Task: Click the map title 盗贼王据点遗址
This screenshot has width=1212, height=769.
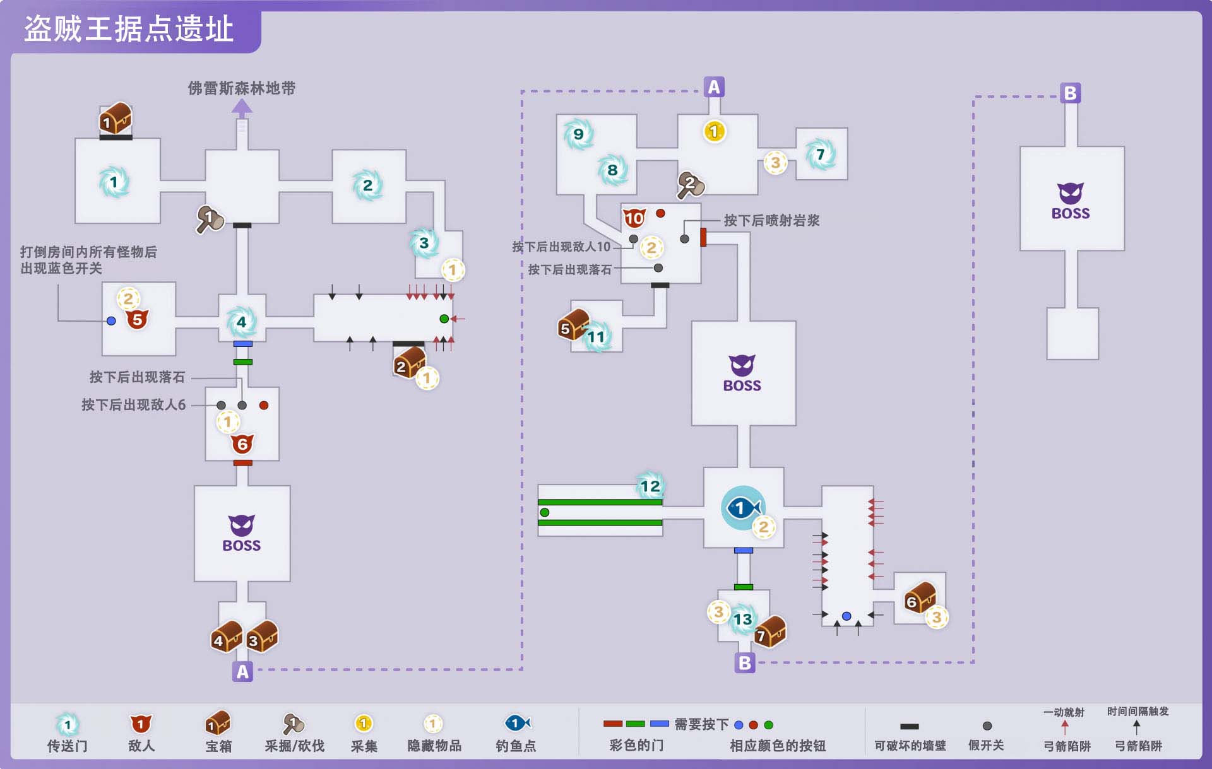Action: [129, 29]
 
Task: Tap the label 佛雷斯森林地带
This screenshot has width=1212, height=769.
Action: [242, 88]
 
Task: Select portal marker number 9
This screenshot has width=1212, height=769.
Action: [578, 134]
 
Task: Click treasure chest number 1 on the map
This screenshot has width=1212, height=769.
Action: [116, 119]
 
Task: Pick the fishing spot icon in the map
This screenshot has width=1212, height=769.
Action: [743, 508]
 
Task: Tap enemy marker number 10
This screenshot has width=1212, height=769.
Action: [634, 218]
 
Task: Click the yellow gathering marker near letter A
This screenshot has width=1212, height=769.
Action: [714, 131]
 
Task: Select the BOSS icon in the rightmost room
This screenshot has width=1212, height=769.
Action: [1071, 201]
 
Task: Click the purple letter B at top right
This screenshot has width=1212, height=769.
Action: [1070, 93]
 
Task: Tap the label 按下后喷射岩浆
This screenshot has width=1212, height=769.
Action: [771, 221]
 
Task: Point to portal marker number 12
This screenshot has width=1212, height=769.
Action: [650, 486]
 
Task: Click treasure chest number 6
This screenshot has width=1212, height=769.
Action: [919, 597]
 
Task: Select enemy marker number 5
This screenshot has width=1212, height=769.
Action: [137, 319]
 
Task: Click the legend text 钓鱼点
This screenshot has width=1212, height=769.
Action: [516, 746]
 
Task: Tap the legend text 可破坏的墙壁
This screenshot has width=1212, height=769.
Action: [910, 746]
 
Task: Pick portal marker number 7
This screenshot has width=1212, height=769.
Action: [820, 155]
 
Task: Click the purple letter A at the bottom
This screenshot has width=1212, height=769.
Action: [242, 672]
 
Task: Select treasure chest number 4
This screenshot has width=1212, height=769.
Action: [226, 637]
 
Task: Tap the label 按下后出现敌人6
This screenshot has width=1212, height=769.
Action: [134, 405]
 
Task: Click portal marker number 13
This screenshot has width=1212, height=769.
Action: [743, 619]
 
